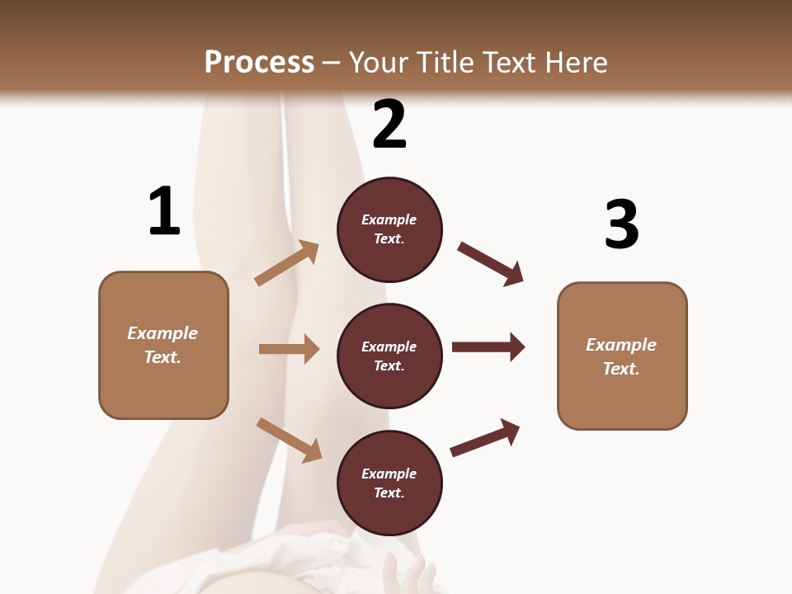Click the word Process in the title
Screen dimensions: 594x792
point(259,62)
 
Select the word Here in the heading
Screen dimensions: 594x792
point(574,62)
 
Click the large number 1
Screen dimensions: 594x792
point(164,211)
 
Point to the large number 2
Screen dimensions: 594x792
point(389,125)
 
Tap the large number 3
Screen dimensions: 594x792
point(621,224)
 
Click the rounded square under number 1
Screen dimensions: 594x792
point(163,345)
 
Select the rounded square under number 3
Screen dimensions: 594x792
point(622,356)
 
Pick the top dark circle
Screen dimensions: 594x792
point(389,229)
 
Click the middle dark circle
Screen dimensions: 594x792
point(389,356)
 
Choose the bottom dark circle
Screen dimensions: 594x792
point(389,483)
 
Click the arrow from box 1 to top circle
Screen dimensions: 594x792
point(287,262)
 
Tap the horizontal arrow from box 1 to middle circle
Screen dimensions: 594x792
point(289,349)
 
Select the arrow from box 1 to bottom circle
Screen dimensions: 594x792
point(289,440)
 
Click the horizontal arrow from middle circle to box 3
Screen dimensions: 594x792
point(488,347)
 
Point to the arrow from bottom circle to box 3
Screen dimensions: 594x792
point(485,437)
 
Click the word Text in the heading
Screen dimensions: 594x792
point(509,62)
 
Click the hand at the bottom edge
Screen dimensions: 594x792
point(412,576)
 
